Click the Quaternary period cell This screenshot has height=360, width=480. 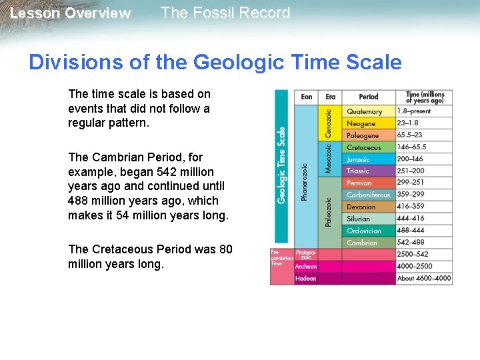(369, 112)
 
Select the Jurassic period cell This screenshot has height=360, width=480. (369, 159)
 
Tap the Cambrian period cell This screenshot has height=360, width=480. (369, 243)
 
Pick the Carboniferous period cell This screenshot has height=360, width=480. (369, 195)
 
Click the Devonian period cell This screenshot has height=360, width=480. (369, 207)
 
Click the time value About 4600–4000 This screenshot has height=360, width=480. (423, 278)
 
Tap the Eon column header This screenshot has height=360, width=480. (306, 97)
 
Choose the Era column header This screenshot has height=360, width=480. (331, 97)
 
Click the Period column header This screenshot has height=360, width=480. (369, 97)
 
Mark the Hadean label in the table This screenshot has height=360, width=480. (305, 278)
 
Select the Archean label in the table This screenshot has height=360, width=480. (306, 266)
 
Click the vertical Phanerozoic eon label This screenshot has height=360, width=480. (305, 183)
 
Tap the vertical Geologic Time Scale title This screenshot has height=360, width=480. (281, 165)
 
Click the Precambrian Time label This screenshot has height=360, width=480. (281, 257)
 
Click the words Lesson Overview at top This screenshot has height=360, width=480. (71, 13)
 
